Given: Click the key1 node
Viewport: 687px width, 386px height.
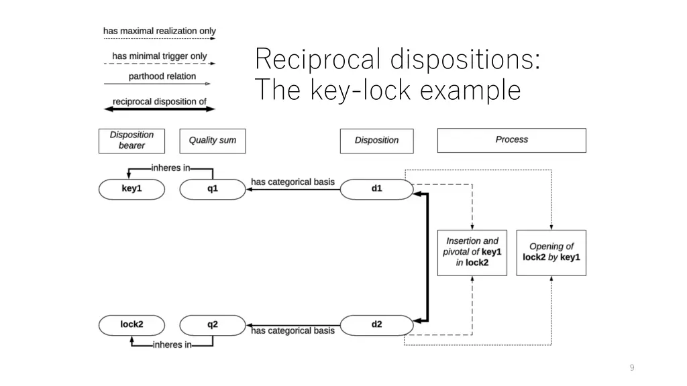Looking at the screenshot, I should coord(131,189).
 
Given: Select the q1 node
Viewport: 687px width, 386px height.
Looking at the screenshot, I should coord(212,189).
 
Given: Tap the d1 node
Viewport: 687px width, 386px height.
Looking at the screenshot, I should coord(376,189).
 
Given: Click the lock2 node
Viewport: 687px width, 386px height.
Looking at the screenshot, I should coord(131,324).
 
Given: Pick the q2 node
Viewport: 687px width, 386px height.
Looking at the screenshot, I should coord(212,324).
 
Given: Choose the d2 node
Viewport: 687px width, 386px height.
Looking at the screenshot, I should coord(376,324).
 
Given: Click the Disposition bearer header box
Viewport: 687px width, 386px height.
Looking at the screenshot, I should coord(131,140).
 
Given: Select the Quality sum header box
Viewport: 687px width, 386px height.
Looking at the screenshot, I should coord(212,140).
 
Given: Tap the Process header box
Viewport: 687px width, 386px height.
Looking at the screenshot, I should coord(511,140).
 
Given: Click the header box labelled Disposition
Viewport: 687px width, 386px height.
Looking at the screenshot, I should coord(376,140).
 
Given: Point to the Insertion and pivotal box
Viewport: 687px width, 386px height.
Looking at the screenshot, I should coord(472,251).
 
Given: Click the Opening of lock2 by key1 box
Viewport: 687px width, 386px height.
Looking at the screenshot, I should coord(551,251).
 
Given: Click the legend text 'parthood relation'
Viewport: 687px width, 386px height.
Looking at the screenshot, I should coord(162,76).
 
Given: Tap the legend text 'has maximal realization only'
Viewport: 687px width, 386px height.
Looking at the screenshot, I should coord(160,31).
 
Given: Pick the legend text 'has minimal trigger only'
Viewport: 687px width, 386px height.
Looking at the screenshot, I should coord(160,56).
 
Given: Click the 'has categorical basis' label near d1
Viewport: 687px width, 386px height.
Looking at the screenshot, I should coord(293,182).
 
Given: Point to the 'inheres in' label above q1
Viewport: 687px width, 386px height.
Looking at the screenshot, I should coord(170,168).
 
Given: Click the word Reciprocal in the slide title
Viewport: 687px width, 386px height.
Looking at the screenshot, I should coord(318,60).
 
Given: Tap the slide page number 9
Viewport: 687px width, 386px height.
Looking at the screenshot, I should coord(631,367).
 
